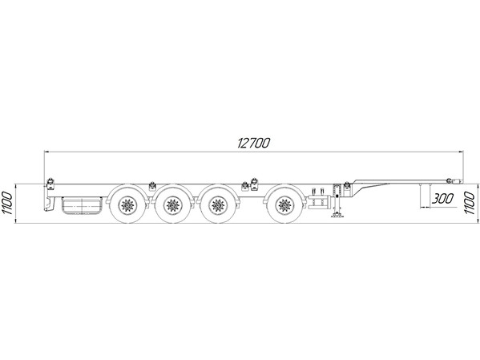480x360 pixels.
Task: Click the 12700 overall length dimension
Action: pyautogui.click(x=254, y=143)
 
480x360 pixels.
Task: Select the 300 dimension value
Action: pyautogui.click(x=442, y=199)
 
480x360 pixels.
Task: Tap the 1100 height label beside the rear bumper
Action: pyautogui.click(x=7, y=203)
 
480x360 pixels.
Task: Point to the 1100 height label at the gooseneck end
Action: pyautogui.click(x=470, y=203)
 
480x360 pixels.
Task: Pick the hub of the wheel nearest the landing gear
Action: pyautogui.click(x=284, y=205)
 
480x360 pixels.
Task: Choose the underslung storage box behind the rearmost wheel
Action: pyautogui.click(x=82, y=205)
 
